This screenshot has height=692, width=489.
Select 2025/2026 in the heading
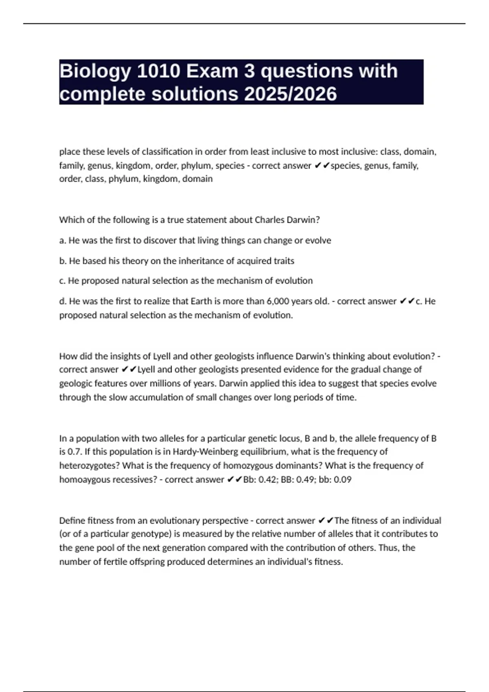click(x=291, y=94)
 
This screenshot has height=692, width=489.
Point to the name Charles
click(x=270, y=220)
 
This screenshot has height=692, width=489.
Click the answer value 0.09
click(x=342, y=480)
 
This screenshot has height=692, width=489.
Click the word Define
click(x=72, y=521)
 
